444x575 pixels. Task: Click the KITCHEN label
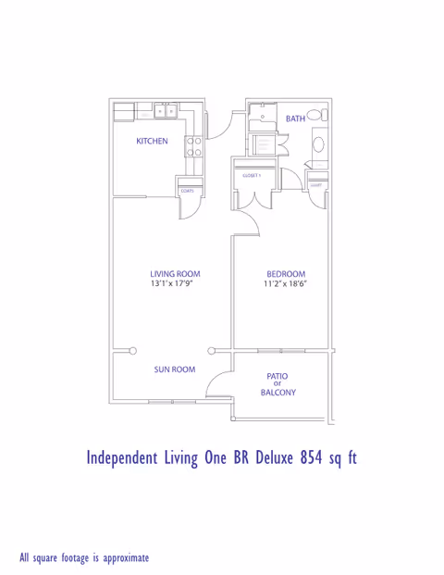(152, 142)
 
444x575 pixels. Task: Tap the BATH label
(295, 119)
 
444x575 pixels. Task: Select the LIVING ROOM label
(175, 274)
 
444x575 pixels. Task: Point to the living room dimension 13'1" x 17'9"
(175, 284)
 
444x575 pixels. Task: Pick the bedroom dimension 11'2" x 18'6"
(285, 284)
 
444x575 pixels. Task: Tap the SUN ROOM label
(175, 369)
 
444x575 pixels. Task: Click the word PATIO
(277, 376)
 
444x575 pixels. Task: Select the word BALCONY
(277, 394)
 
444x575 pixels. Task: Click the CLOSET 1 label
(252, 175)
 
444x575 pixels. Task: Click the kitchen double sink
(166, 111)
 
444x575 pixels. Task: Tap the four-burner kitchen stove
(195, 145)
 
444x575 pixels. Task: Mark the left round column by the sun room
(133, 350)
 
